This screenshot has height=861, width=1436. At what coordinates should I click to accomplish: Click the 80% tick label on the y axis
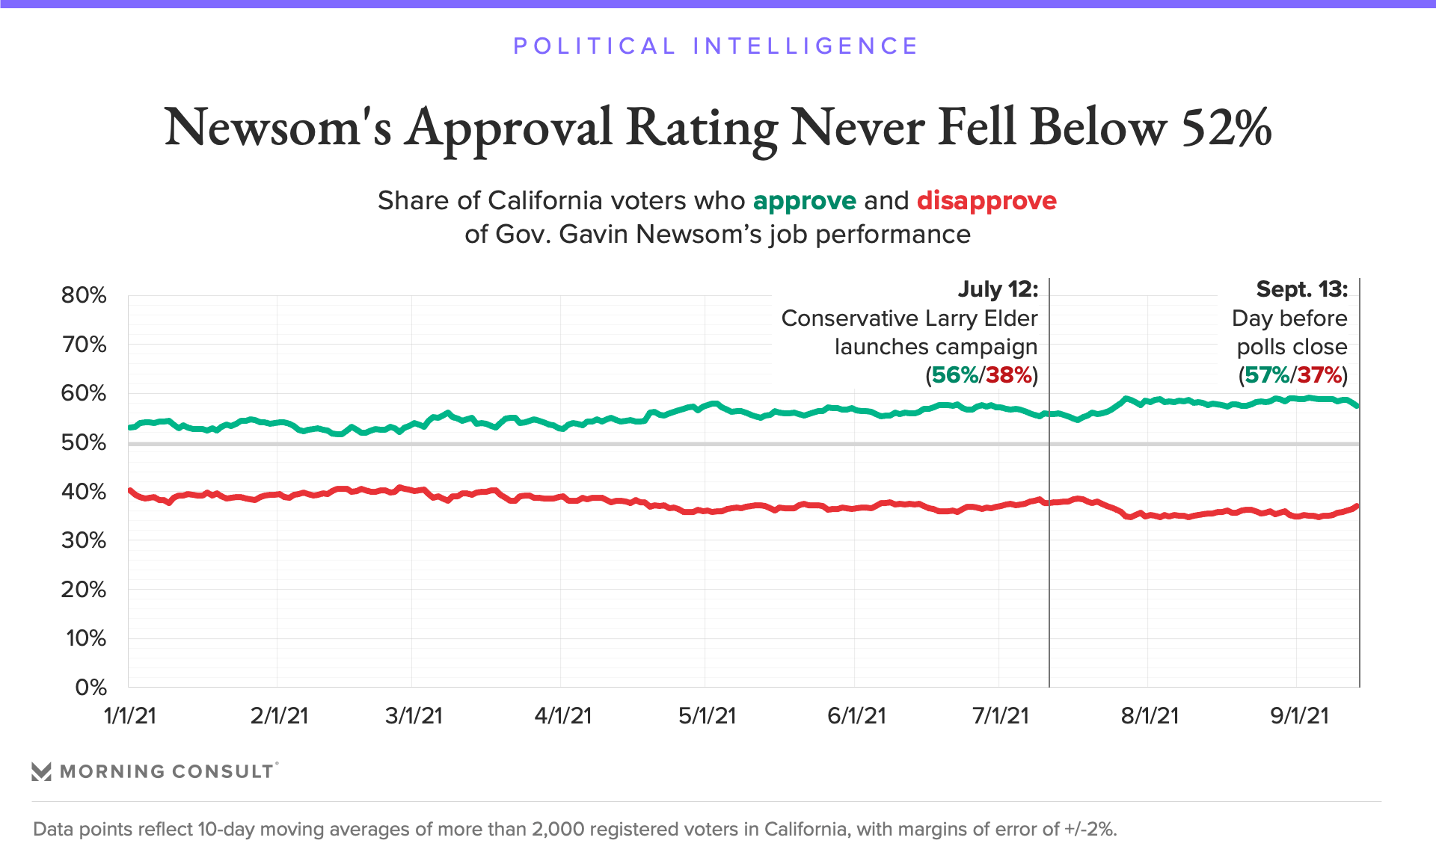(84, 295)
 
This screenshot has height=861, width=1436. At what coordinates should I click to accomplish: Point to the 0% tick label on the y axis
(90, 688)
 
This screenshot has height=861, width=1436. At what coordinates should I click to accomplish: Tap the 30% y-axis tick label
(84, 540)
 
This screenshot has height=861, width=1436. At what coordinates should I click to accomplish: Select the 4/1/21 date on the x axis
(562, 716)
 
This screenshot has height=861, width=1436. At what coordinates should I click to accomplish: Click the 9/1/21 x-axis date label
(1299, 716)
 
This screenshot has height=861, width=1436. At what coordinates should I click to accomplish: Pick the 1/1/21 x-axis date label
(129, 716)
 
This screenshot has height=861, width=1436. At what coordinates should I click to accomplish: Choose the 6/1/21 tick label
(856, 716)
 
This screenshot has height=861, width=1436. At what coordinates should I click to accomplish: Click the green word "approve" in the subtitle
(804, 201)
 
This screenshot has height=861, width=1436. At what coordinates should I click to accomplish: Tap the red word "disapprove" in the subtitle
(987, 201)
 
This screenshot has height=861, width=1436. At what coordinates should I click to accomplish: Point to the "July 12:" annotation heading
(998, 289)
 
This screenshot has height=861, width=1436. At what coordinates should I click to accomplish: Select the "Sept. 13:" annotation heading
(1301, 289)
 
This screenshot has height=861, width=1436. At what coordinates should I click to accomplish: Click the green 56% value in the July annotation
(954, 375)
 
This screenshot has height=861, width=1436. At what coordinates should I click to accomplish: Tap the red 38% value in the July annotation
(1009, 375)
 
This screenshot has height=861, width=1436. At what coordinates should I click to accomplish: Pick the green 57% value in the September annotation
(1266, 375)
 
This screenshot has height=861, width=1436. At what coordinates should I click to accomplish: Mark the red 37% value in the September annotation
(1320, 375)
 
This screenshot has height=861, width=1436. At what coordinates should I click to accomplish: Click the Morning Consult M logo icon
(42, 771)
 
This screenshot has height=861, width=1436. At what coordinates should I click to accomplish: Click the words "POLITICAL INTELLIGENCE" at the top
(716, 46)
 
